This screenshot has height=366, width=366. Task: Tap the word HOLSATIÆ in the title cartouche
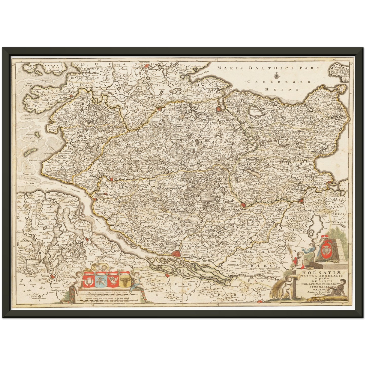tap(314, 273)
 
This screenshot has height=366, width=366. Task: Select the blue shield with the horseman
tap(100, 280)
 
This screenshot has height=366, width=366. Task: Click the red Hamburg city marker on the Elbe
tap(175, 253)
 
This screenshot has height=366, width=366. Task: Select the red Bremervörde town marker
tap(53, 277)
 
